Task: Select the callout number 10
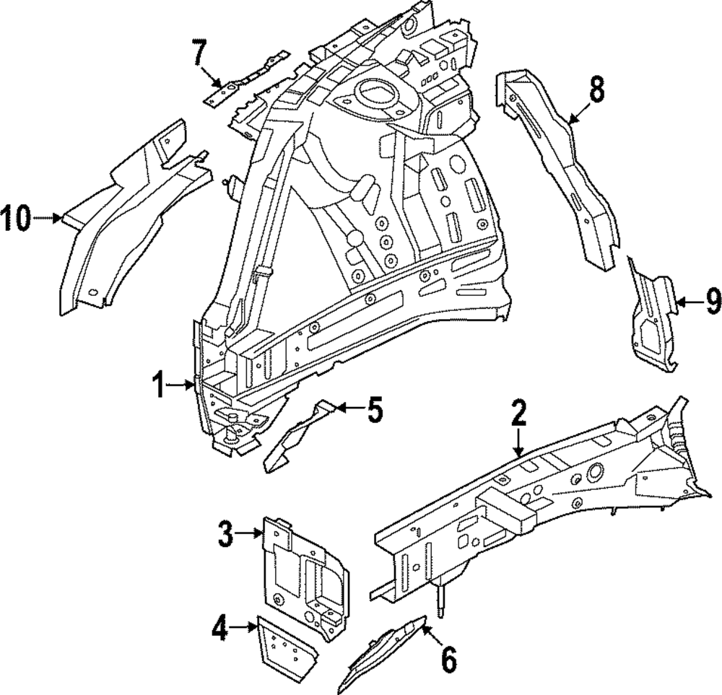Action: [x=17, y=217]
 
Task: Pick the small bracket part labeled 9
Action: [x=650, y=318]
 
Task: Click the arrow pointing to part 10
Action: [x=49, y=217]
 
